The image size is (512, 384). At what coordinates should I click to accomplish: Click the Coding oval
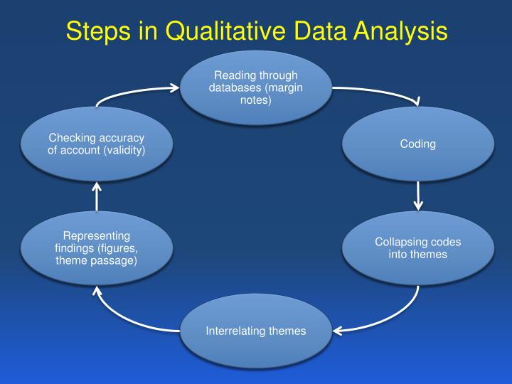point(417,144)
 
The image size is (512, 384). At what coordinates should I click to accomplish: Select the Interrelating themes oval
point(256,331)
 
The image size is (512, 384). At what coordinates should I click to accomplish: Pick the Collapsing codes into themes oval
point(417,248)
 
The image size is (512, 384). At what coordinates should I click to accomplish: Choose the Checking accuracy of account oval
point(97,144)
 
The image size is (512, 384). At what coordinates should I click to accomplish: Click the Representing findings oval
point(97,248)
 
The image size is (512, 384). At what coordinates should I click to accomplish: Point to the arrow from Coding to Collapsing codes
point(418,195)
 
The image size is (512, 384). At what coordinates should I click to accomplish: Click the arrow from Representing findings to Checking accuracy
point(97,197)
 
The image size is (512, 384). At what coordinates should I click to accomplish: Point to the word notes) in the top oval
point(256,100)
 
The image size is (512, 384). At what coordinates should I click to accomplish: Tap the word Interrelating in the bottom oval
point(234,331)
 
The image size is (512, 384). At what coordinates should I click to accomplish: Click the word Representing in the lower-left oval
point(97,235)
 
